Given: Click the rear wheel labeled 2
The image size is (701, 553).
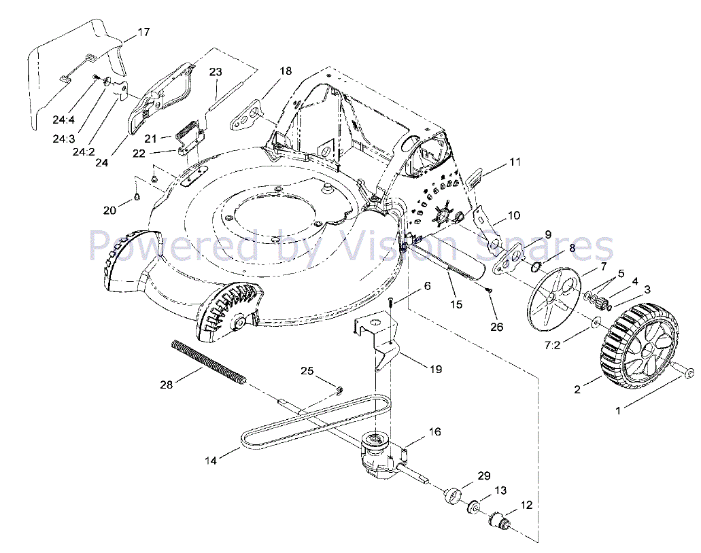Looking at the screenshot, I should click(639, 348).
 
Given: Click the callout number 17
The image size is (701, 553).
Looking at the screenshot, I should click(143, 32).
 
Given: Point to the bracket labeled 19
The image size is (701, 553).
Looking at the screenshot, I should click(381, 340).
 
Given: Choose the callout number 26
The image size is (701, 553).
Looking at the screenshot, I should click(497, 326).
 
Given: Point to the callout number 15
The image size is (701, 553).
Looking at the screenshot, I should click(456, 304).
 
